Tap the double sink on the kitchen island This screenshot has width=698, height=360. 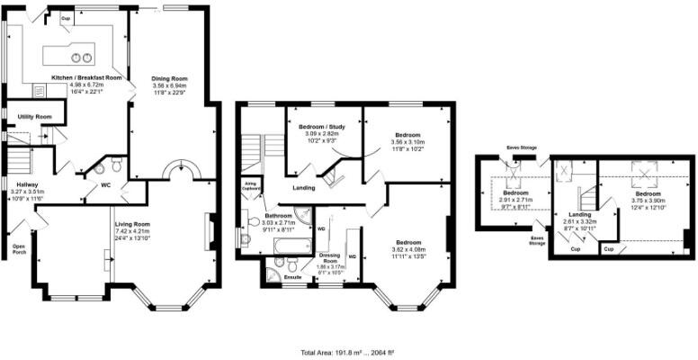coord(82,58)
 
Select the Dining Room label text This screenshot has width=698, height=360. coord(169,79)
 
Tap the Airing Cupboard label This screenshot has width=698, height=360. coord(252,186)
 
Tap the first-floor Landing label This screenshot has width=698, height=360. coord(303,188)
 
